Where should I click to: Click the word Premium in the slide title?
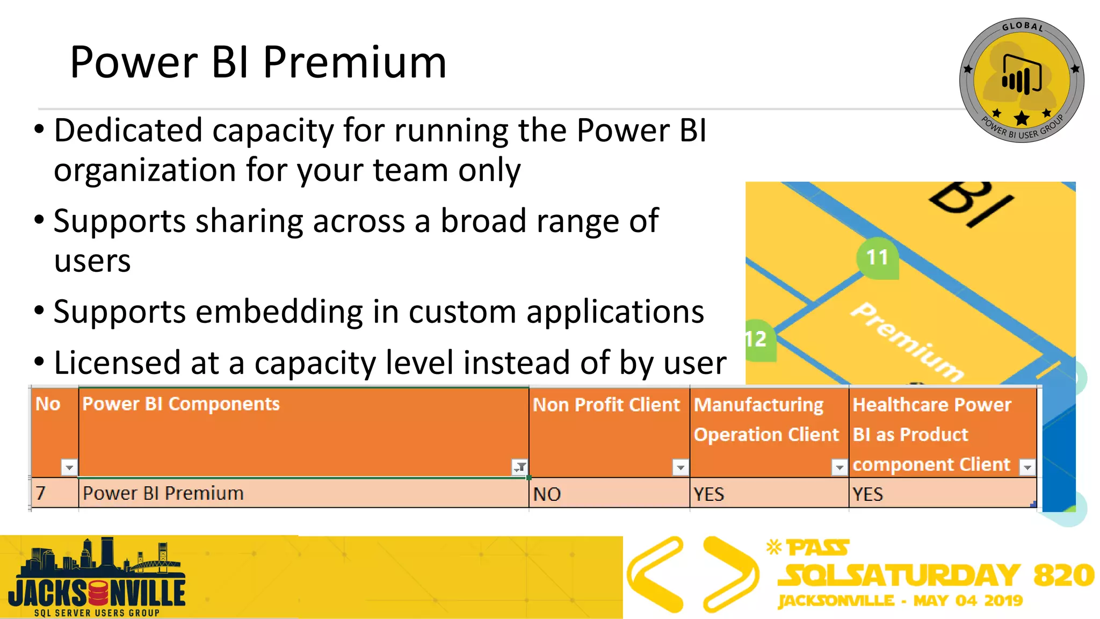coord(354,63)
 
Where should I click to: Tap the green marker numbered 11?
coord(877,257)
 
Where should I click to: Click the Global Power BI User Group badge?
coord(1022,81)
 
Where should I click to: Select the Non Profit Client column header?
coord(606,405)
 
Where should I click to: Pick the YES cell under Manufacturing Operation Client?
coord(708,494)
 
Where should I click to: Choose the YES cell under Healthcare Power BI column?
coord(867,494)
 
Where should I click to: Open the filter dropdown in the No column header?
coord(69,467)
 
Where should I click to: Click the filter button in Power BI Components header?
coord(519,467)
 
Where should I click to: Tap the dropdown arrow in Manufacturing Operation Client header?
coord(839,467)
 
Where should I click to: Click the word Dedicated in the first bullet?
coord(128,131)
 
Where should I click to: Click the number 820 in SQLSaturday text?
coord(1063,575)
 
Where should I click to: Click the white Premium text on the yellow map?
coord(908,342)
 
